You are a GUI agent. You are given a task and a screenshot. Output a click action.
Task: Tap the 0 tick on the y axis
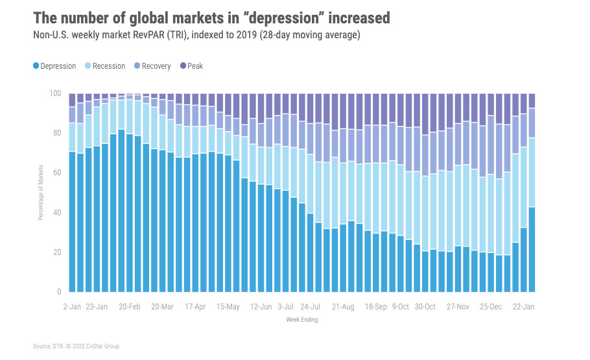[x=58, y=291]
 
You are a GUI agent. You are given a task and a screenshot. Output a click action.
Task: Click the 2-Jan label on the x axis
[x=73, y=306]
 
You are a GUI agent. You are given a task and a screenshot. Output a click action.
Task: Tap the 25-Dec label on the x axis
[x=490, y=306]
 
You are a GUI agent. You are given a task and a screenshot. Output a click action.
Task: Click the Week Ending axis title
[x=302, y=319]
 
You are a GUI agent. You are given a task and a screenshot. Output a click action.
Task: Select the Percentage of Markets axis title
[x=40, y=192]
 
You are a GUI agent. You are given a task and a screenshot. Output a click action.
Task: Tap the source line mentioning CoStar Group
[x=76, y=346]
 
